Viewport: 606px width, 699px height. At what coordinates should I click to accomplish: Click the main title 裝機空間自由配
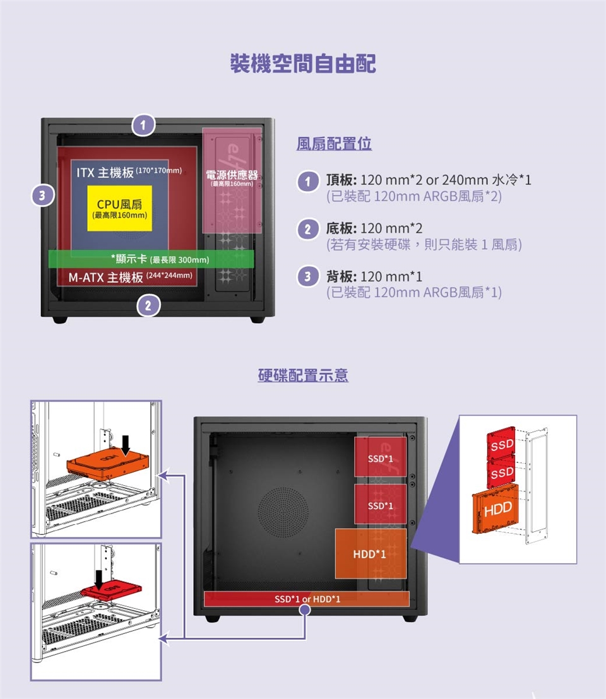click(303, 63)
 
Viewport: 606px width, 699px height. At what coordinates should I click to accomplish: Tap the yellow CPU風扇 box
click(119, 209)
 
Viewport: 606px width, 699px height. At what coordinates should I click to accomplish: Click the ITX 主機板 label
click(105, 172)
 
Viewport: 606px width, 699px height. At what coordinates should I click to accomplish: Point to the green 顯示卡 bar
click(151, 259)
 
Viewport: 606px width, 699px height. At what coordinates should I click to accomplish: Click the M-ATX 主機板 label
click(105, 278)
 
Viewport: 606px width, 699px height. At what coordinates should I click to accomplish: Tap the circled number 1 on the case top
click(143, 124)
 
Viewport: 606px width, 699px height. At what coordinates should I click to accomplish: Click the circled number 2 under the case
click(148, 305)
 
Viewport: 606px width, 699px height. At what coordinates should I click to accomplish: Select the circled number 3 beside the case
click(42, 196)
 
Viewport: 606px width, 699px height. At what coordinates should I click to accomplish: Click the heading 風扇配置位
click(334, 144)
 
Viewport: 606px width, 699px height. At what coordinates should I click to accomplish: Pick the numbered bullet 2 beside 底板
click(307, 230)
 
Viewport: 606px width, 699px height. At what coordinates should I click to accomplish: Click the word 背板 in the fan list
click(340, 277)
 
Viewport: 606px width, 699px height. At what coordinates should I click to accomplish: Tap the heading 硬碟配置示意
click(303, 375)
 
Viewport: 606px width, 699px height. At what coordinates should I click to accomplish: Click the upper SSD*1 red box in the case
click(381, 457)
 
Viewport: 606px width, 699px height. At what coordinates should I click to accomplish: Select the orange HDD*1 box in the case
click(371, 554)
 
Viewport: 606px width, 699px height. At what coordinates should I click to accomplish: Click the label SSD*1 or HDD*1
click(307, 599)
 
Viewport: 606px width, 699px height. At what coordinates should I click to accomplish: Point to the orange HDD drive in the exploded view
click(495, 508)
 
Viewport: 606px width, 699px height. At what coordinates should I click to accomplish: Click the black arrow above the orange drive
click(126, 445)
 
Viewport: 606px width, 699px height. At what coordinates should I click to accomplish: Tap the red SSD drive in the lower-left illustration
click(111, 589)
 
